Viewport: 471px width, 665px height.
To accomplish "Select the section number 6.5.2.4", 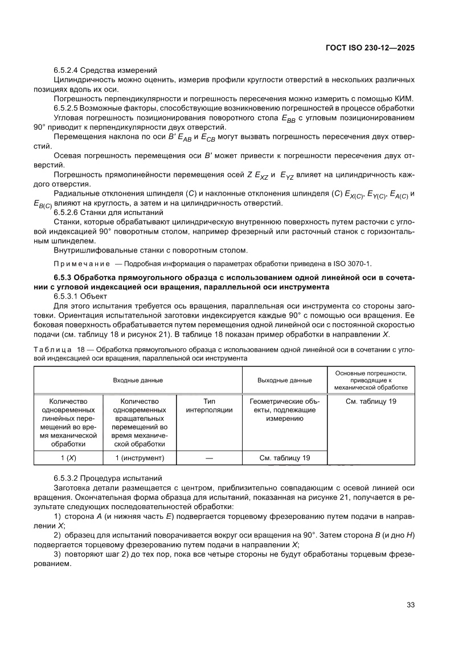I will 65,70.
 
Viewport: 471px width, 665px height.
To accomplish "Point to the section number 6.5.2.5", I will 65,108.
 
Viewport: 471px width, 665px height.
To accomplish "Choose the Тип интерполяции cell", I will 209,405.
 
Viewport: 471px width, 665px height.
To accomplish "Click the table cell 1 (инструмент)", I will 140,457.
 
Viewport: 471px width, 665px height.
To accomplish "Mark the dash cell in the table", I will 209,457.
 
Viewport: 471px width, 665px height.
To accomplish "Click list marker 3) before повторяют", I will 57,554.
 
